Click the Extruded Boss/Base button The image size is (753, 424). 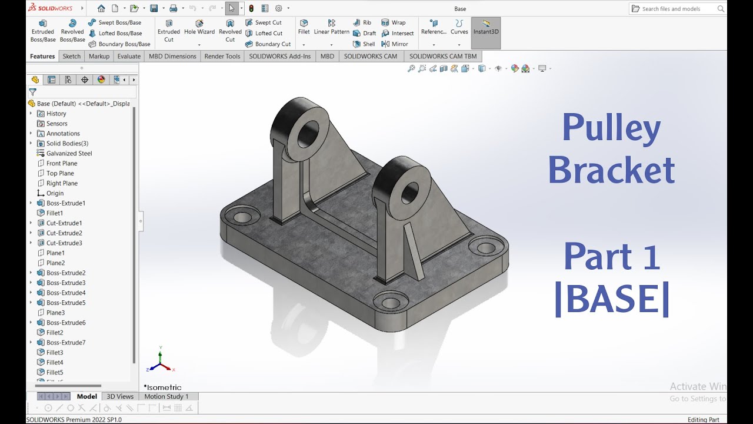pyautogui.click(x=43, y=31)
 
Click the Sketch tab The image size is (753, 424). pyautogui.click(x=72, y=57)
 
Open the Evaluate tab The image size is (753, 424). pyautogui.click(x=129, y=57)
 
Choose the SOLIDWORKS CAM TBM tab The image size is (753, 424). pyautogui.click(x=443, y=57)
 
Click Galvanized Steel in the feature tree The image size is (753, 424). pyautogui.click(x=69, y=153)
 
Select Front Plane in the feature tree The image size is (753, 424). pyautogui.click(x=62, y=163)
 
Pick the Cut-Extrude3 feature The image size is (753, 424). pyautogui.click(x=64, y=243)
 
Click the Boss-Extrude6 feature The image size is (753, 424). pyautogui.click(x=66, y=322)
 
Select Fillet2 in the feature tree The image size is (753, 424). pyautogui.click(x=55, y=332)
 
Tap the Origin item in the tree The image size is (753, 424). pyautogui.click(x=55, y=193)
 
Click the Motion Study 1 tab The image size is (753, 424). pyautogui.click(x=166, y=396)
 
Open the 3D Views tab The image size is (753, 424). pyautogui.click(x=120, y=396)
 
